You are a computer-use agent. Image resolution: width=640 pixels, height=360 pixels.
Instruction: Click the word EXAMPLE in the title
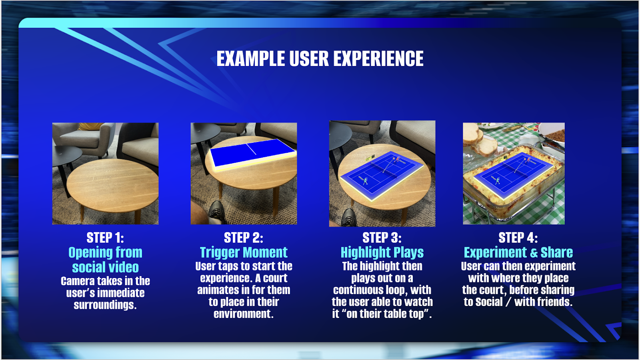tap(250, 58)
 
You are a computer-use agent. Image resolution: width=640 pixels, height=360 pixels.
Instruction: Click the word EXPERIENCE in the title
tap(378, 58)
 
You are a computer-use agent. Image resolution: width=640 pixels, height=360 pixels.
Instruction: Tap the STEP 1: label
tap(105, 238)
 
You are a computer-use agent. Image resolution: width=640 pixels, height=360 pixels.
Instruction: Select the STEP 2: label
tap(244, 238)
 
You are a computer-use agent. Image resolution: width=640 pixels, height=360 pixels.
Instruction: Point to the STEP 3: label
tap(382, 238)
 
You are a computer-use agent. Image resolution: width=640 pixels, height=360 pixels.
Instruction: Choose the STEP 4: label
tap(518, 238)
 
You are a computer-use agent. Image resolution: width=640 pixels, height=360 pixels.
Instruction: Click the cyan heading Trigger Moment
tap(244, 252)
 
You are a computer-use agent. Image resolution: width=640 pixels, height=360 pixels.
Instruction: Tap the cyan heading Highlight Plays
tap(382, 252)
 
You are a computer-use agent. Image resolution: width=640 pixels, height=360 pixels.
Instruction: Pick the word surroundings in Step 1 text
tap(105, 305)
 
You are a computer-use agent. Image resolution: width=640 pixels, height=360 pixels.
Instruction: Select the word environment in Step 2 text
tap(244, 314)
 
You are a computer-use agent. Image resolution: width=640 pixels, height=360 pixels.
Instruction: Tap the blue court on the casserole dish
tap(514, 175)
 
